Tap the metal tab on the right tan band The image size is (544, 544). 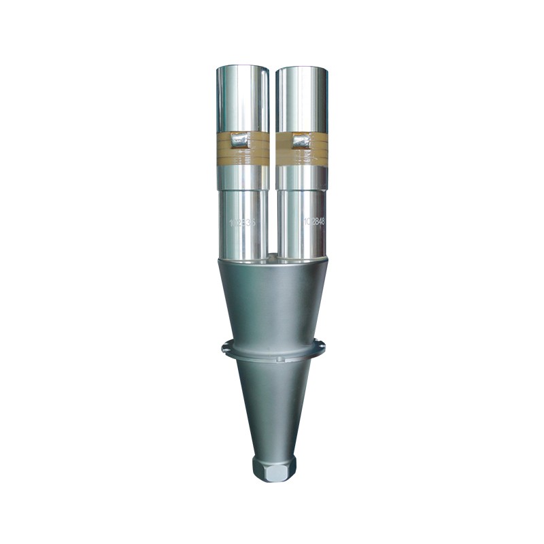[301, 141]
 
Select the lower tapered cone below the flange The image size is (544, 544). [273, 408]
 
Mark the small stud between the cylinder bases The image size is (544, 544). [272, 257]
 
